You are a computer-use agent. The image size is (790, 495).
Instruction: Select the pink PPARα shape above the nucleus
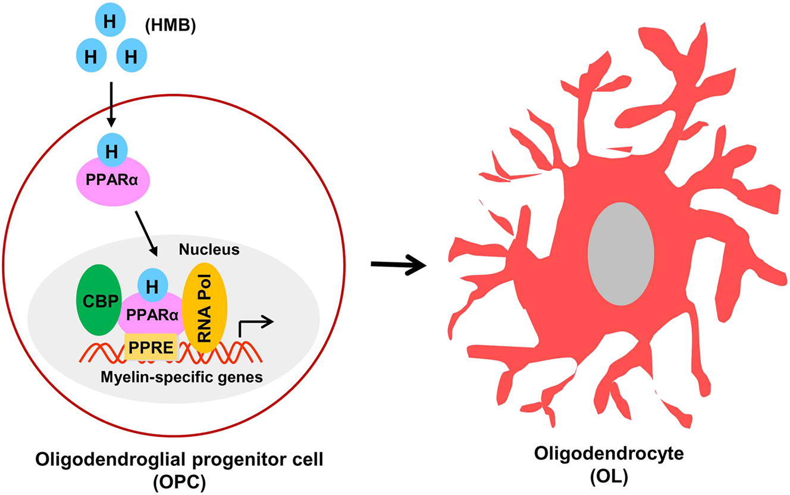[x=111, y=178]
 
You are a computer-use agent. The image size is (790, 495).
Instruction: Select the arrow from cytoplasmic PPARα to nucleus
[x=146, y=232]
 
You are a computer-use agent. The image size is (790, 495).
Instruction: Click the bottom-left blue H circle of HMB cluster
[x=91, y=57]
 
